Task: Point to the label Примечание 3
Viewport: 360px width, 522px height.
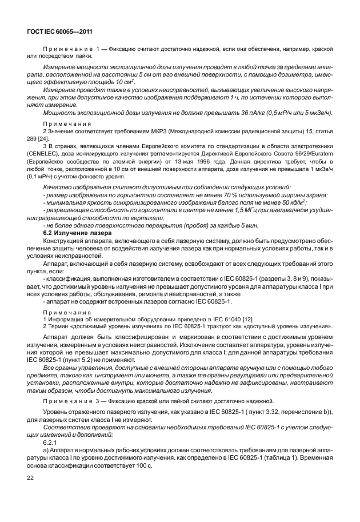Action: (x=70, y=400)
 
